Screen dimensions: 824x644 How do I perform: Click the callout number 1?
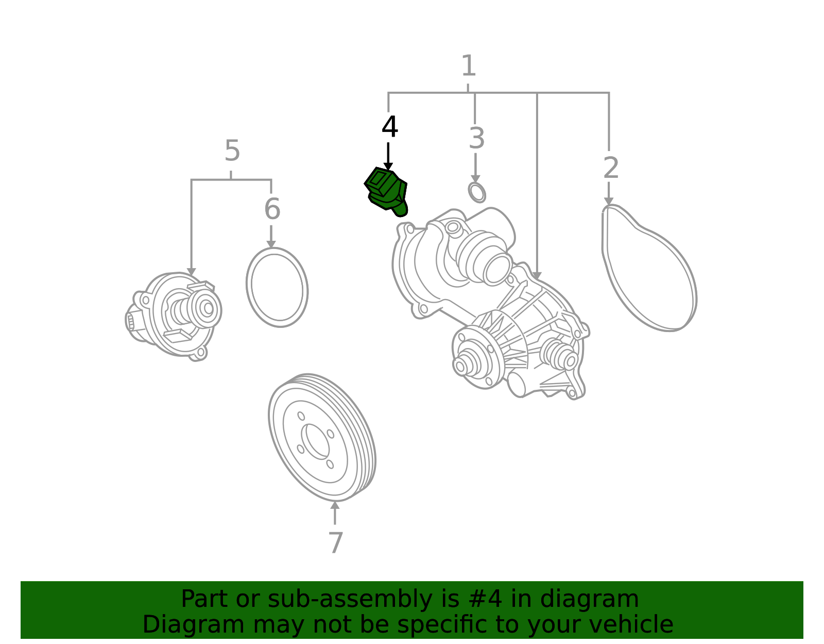pyautogui.click(x=469, y=65)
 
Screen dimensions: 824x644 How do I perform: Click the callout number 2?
pyautogui.click(x=611, y=168)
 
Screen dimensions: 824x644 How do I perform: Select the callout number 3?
pyautogui.click(x=477, y=139)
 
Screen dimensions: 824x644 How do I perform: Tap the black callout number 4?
pyautogui.click(x=389, y=127)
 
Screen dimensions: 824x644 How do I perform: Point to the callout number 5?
pyautogui.click(x=232, y=151)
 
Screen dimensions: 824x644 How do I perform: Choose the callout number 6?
pyautogui.click(x=272, y=209)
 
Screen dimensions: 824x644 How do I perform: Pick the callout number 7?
pyautogui.click(x=336, y=542)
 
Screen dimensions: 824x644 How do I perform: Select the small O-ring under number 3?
pyautogui.click(x=477, y=192)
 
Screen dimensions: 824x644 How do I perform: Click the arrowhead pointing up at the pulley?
pyautogui.click(x=334, y=505)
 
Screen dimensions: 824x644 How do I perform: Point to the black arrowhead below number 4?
pyautogui.click(x=388, y=167)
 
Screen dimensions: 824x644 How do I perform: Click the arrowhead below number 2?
pyautogui.click(x=609, y=201)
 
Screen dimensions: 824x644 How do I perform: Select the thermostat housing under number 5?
pyautogui.click(x=174, y=316)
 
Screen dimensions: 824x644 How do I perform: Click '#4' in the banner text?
pyautogui.click(x=489, y=599)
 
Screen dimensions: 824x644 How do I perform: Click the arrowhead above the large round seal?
pyautogui.click(x=271, y=244)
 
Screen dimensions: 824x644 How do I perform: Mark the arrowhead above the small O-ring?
pyautogui.click(x=475, y=179)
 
